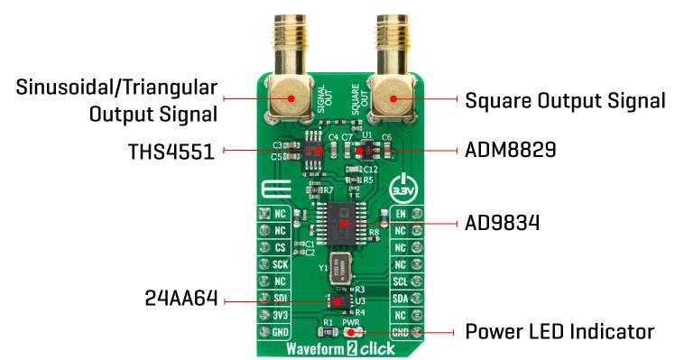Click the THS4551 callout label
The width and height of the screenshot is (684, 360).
click(171, 151)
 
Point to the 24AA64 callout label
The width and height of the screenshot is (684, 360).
click(180, 299)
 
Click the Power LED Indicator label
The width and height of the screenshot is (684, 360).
click(559, 332)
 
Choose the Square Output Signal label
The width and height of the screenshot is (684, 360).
click(565, 99)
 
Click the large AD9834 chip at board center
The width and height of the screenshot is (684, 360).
click(343, 219)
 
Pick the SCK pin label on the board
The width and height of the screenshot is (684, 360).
click(281, 263)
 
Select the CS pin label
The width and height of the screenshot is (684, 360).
click(281, 246)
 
